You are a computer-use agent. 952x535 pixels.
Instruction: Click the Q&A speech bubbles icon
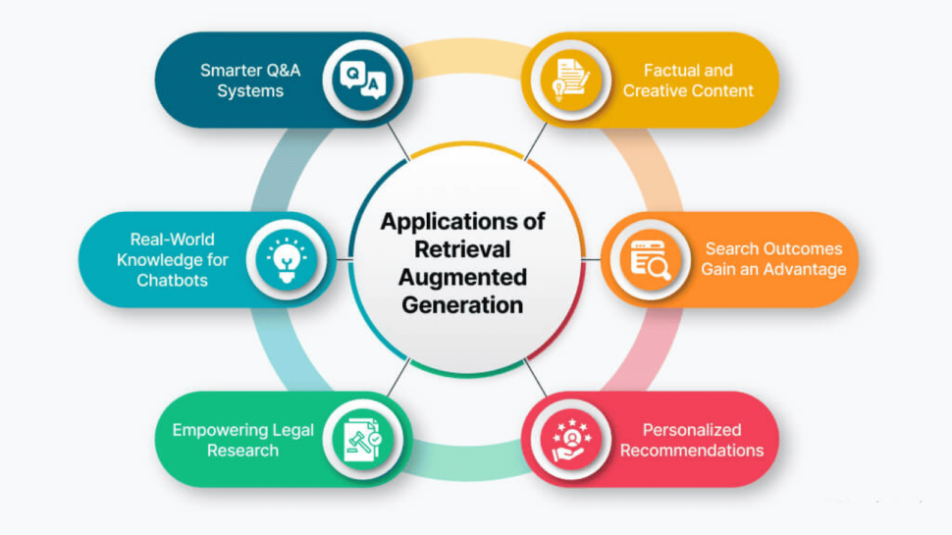(363, 80)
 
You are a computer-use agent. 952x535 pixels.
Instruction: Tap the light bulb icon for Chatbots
(287, 260)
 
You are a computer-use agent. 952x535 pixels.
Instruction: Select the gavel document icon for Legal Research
(363, 439)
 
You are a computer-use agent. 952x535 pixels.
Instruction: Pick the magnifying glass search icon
(651, 260)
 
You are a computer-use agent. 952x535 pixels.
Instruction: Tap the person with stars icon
(571, 439)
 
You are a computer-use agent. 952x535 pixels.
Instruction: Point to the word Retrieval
(462, 249)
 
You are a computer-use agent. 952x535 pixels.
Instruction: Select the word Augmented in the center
(462, 278)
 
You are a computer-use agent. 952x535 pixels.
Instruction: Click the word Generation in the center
(462, 305)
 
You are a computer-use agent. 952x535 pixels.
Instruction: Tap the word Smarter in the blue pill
(228, 71)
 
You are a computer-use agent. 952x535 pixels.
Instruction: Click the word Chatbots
(173, 281)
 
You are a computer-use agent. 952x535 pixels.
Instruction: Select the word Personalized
(692, 430)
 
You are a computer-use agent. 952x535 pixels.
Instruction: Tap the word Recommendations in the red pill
(692, 451)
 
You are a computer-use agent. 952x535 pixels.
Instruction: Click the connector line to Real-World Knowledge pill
(344, 259)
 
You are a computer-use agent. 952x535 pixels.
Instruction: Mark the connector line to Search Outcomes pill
(591, 259)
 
